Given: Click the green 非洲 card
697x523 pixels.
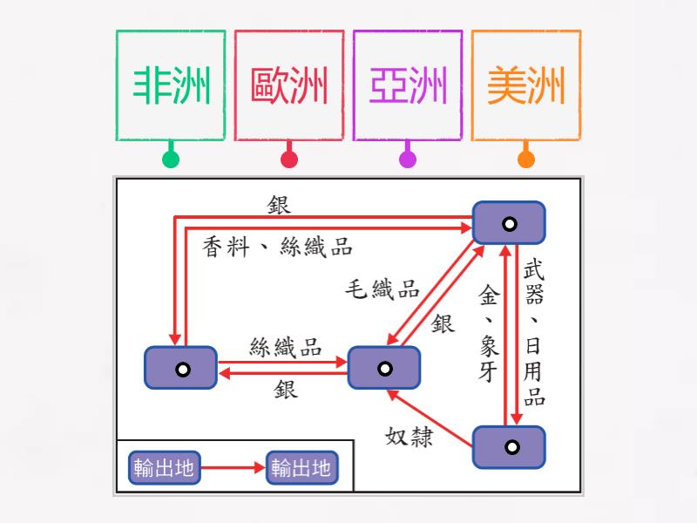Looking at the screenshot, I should coord(171,85).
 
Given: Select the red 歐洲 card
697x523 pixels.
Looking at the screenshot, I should coord(289,85).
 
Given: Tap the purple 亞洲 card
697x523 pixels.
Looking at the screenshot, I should coord(408,85).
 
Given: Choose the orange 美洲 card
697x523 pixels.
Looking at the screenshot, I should coord(526,85).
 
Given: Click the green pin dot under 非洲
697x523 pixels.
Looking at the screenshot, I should coord(171,160).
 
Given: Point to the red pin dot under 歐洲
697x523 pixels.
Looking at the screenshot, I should coord(289,160).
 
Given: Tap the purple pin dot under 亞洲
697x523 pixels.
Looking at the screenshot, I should coord(408,160).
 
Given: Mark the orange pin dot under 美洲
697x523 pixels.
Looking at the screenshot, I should coord(526,160).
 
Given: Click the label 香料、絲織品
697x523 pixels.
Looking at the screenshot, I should coord(277,247).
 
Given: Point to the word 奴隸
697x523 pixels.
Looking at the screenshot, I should coord(409,436).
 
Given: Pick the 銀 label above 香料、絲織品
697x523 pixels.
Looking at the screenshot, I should coord(280,205).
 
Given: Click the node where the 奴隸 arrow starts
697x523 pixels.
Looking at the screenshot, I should coord(509,447).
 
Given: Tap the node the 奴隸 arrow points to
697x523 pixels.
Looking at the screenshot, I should coord(383,368).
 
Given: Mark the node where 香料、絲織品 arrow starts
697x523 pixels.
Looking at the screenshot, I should coord(180,368).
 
